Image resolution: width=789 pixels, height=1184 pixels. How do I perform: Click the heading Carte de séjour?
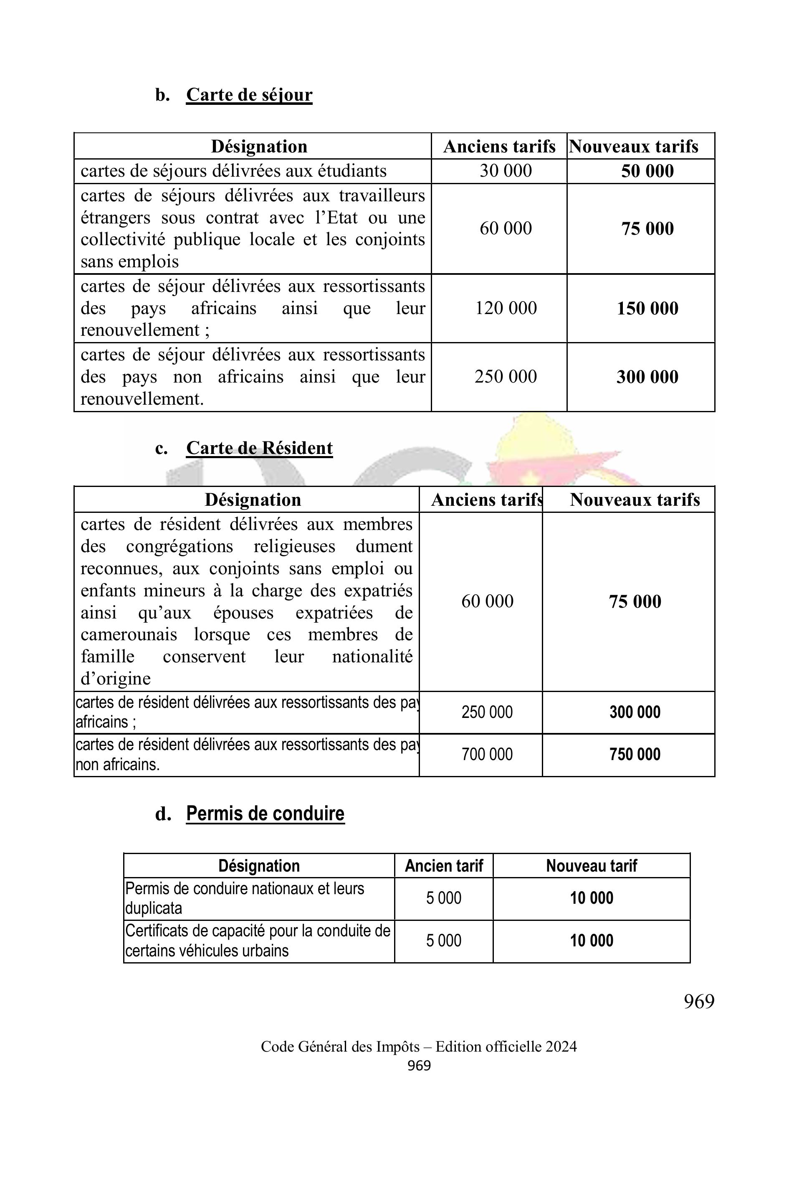(x=249, y=95)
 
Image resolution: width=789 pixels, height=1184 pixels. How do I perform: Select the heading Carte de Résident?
(x=259, y=448)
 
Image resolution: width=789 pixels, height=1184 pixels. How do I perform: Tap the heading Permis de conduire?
(x=265, y=814)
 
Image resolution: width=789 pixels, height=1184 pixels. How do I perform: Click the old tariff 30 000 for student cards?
(x=505, y=171)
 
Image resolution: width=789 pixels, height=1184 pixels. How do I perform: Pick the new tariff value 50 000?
(x=647, y=171)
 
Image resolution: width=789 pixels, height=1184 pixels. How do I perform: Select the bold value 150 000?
(x=647, y=309)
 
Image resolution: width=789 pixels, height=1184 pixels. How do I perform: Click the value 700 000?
(x=487, y=754)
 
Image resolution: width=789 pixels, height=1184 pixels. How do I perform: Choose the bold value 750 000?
(x=635, y=754)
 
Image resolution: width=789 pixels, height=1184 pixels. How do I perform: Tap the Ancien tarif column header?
(x=443, y=866)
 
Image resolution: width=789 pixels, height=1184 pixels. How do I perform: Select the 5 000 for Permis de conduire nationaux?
(x=443, y=898)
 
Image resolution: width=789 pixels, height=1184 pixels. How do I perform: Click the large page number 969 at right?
(x=699, y=1002)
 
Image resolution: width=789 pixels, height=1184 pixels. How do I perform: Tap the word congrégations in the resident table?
(x=180, y=546)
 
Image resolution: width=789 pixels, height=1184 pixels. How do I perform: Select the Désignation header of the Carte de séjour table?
(x=259, y=147)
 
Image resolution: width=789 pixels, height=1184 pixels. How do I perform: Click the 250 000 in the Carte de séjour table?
(x=505, y=377)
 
